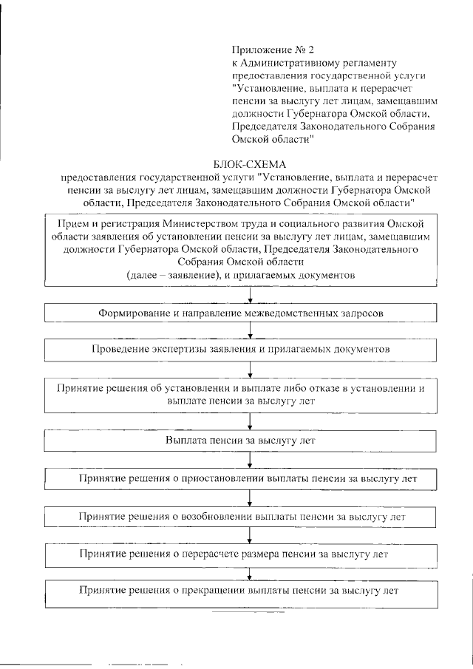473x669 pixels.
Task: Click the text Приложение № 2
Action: pos(273,50)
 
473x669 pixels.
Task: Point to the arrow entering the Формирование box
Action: pos(252,296)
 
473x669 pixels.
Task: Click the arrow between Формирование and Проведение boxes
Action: pos(252,331)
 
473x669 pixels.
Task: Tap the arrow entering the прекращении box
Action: pos(252,573)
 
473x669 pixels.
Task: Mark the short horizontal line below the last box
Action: pos(243,613)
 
